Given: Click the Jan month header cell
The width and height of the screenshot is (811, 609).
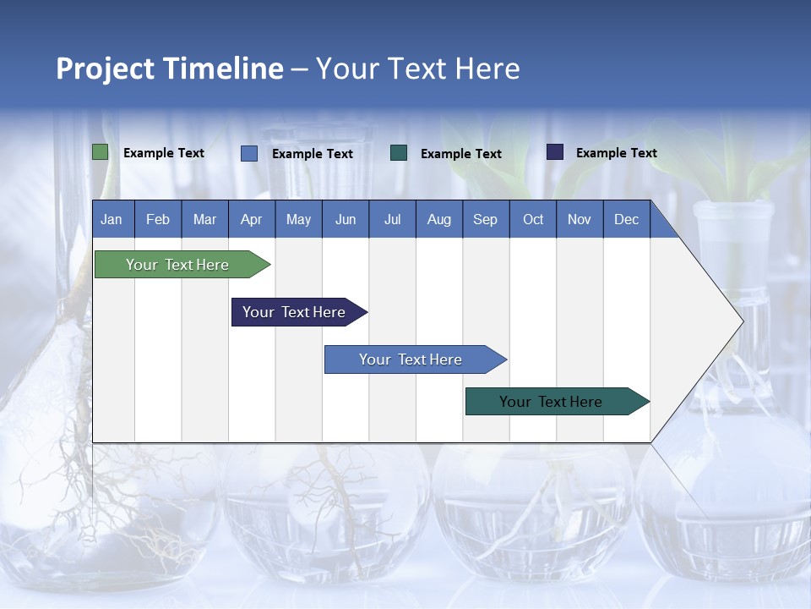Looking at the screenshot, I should point(112,219).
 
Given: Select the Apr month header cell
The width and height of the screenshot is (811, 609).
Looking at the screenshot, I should point(252,219).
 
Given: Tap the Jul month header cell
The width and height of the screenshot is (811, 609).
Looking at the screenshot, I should point(392,219).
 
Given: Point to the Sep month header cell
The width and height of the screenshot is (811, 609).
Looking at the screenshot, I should point(486,219).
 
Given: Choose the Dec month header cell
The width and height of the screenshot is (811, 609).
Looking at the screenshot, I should point(626,219).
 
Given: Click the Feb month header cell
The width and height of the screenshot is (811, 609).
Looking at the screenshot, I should point(158,219).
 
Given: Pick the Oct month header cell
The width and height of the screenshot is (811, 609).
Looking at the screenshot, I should point(533,219).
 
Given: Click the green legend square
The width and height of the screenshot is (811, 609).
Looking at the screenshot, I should point(101,152).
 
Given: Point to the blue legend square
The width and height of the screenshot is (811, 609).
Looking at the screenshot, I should point(249,153).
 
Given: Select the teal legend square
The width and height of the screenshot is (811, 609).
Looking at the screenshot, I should point(399,153).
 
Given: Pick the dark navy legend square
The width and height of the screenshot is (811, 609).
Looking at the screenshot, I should point(555,152).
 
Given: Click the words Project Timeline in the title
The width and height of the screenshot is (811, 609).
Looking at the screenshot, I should point(170,69).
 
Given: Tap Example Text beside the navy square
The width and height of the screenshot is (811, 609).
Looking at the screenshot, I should point(616,153).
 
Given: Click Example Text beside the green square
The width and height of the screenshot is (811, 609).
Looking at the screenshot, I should point(164,153).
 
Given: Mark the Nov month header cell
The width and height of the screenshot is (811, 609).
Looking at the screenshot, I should point(580,219).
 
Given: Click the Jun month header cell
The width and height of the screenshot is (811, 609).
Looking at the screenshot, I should point(346,219).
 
